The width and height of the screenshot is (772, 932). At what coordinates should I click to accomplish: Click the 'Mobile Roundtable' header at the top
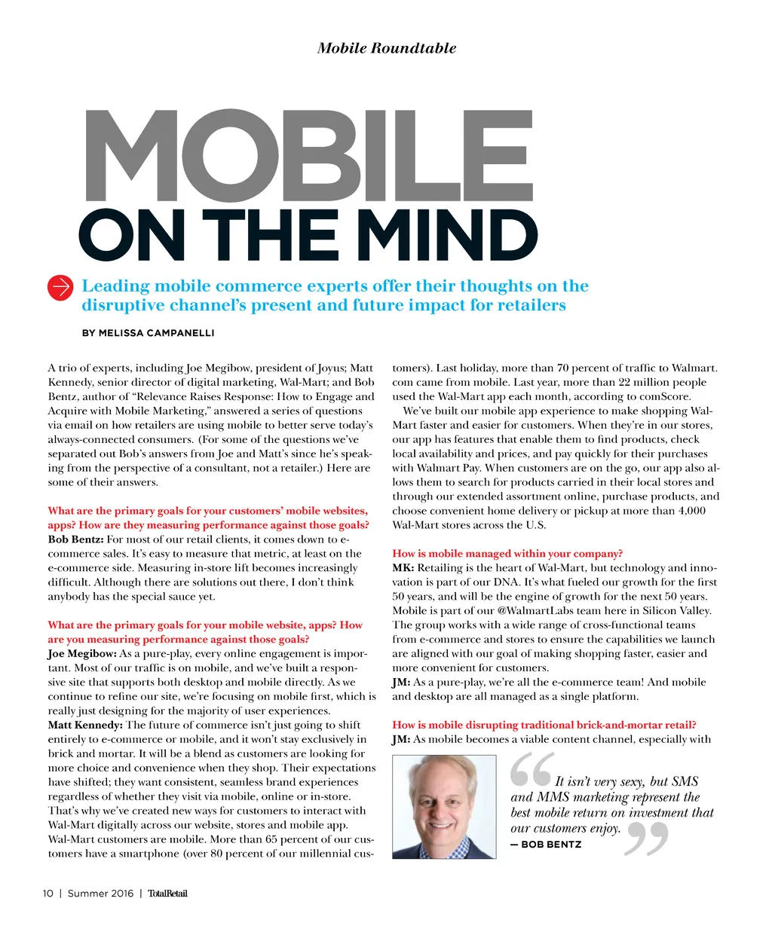[387, 48]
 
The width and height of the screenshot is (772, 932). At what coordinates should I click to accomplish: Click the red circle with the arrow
[60, 287]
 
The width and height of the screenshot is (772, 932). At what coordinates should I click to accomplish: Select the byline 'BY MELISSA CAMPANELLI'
[148, 332]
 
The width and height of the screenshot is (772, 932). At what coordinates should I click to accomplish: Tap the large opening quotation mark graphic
[531, 769]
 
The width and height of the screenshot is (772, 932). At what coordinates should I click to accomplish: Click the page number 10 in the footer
[48, 894]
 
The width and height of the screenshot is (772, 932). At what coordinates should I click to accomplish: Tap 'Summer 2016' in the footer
[100, 894]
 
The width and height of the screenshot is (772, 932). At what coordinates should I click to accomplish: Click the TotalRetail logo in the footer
[167, 894]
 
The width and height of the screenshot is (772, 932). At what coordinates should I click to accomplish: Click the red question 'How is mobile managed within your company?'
[507, 554]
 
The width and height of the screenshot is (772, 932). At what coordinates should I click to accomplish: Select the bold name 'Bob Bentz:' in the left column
[75, 539]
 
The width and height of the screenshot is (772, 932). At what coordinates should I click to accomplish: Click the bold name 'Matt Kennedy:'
[85, 725]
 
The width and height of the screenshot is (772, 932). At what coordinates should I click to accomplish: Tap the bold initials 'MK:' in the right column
[403, 568]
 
